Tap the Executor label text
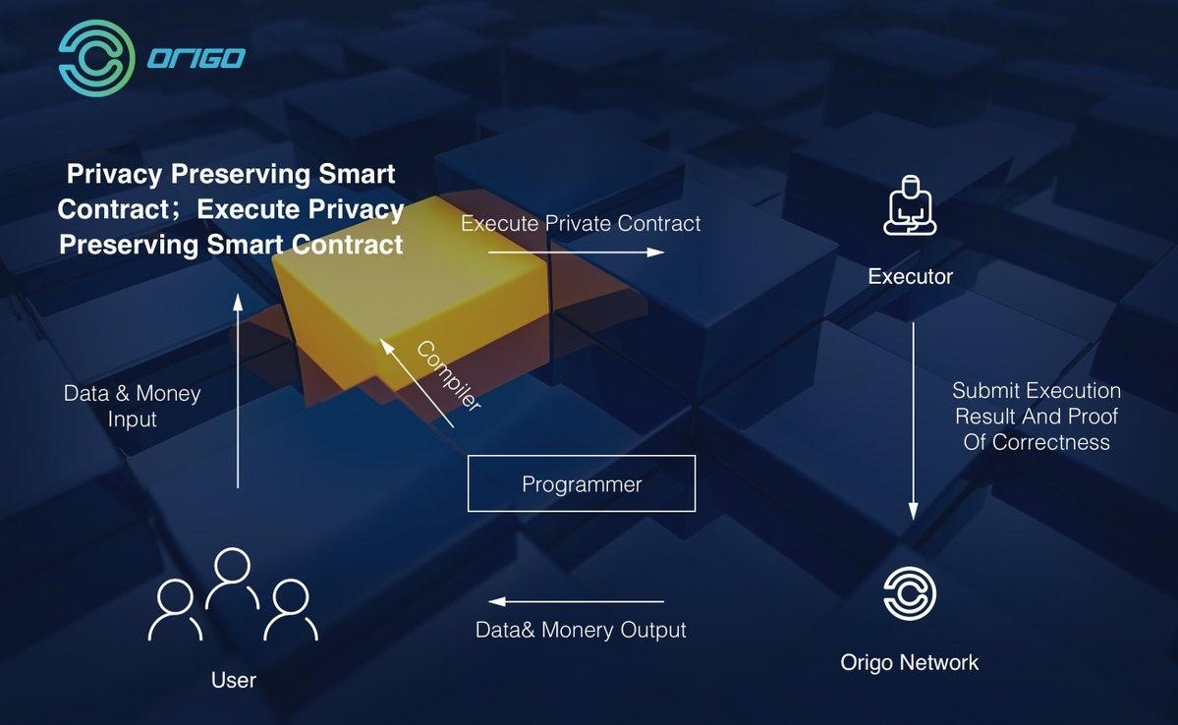[910, 276]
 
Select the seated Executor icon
[910, 205]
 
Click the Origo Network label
[909, 662]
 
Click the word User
[234, 680]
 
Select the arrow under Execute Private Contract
[577, 251]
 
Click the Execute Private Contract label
[581, 223]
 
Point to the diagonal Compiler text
[449, 375]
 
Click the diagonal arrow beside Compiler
[417, 383]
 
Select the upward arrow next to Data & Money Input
[238, 391]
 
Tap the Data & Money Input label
[133, 406]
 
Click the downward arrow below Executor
[914, 420]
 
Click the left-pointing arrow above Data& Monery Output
[577, 601]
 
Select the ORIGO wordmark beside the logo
[196, 59]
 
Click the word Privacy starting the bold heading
[114, 174]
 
